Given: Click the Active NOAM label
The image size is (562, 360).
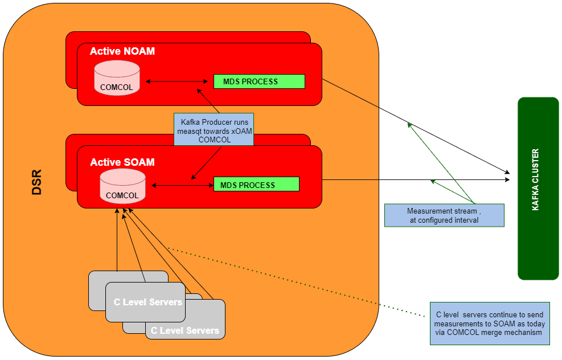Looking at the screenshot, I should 122,51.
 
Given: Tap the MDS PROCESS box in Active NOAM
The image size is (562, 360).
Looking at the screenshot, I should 259,81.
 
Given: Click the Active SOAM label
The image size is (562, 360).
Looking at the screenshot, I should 122,162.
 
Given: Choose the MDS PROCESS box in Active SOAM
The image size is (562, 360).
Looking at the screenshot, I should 256,185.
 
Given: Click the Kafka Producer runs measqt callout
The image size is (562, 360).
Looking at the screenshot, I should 214,130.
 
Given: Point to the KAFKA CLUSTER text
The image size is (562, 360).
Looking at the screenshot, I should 535,180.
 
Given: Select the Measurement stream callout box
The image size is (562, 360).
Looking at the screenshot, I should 444,215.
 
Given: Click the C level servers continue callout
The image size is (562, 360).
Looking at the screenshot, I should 490,324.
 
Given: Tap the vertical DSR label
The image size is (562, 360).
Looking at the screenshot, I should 37,182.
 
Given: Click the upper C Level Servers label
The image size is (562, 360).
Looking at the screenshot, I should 147,302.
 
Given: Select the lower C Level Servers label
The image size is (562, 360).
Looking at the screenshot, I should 184,330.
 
